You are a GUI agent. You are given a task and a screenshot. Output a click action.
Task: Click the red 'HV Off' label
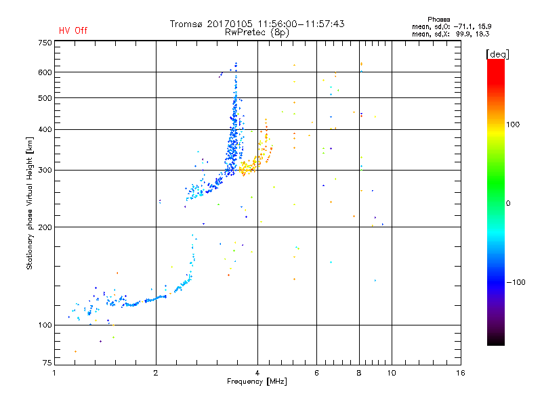[x=72, y=30]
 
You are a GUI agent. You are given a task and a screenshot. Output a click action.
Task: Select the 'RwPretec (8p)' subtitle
[x=257, y=32]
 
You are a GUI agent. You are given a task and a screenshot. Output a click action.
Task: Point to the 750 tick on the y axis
[x=45, y=42]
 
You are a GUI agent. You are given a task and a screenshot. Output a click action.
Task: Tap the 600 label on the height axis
[x=45, y=72]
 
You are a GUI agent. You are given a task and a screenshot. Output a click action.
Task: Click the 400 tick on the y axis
[x=45, y=129]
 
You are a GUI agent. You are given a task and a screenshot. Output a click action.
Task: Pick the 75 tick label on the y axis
[x=47, y=365]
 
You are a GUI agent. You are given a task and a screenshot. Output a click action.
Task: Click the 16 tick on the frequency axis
[x=460, y=373]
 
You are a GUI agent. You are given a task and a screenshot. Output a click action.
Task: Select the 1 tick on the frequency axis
[x=55, y=373]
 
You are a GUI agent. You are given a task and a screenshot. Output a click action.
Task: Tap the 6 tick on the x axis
[x=316, y=373]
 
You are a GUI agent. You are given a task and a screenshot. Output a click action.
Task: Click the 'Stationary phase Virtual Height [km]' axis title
[x=30, y=202]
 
